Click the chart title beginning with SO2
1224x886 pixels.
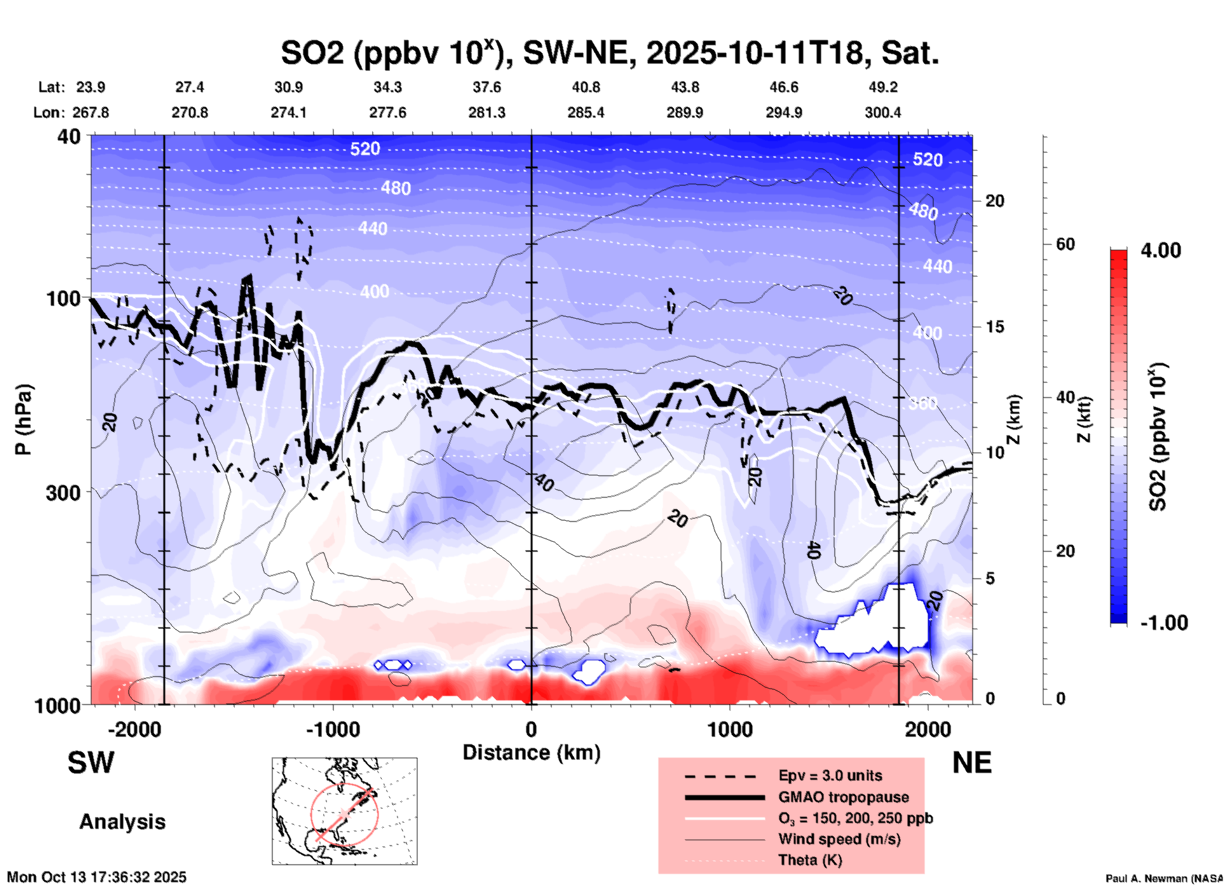coord(609,53)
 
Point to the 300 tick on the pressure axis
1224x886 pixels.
coord(64,493)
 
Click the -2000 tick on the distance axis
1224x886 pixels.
coord(135,729)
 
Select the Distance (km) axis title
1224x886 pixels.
coord(531,753)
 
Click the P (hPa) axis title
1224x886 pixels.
coord(24,419)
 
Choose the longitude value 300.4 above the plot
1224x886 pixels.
coord(883,112)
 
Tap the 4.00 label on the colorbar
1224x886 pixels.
coord(1160,250)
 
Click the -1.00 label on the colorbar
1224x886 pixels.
coord(1164,623)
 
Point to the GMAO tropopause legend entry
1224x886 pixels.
coord(843,797)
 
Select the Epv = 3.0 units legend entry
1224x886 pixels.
coord(830,776)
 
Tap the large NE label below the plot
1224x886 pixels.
coord(972,763)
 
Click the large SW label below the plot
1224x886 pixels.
coord(91,763)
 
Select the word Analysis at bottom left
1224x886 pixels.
coord(122,822)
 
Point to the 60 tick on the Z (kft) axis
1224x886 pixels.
coord(1065,244)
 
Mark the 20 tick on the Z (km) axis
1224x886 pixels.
coord(995,201)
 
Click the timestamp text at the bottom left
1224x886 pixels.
coord(97,877)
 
